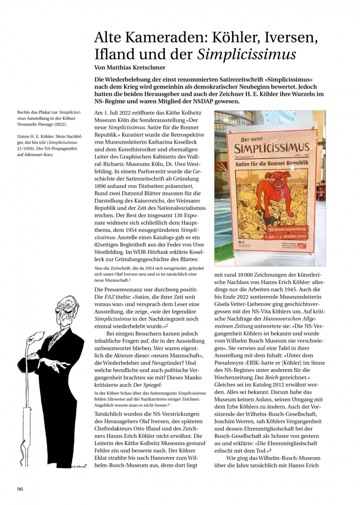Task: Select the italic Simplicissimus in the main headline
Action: pyautogui.click(x=247, y=54)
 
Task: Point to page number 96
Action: pyautogui.click(x=20, y=489)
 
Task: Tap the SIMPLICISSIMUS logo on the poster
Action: pyautogui.click(x=271, y=148)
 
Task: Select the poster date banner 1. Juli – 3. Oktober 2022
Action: pyautogui.click(x=285, y=236)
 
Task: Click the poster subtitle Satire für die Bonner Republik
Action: pyautogui.click(x=272, y=164)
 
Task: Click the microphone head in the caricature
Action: pyautogui.click(x=35, y=338)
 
